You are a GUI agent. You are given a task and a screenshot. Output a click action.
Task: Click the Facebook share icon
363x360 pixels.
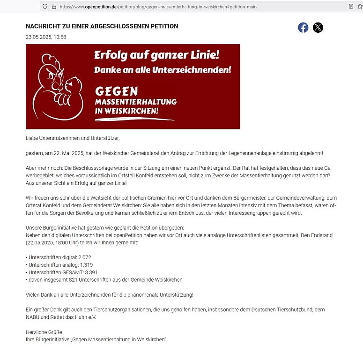tap(303, 28)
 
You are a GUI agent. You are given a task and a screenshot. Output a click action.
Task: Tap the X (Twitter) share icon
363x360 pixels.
tap(318, 28)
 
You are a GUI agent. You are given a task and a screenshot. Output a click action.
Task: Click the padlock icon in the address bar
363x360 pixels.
tap(54, 7)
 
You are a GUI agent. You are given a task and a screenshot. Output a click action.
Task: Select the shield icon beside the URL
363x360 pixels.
tap(45, 7)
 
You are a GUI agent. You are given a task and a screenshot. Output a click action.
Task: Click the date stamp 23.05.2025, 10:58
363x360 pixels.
tap(46, 37)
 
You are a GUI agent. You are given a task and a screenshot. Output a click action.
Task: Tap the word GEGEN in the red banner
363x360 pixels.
tap(116, 91)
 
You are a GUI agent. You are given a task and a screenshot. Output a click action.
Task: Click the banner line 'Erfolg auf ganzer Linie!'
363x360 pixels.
tap(156, 55)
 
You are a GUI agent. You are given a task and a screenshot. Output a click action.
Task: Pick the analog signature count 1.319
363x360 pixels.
tap(84, 265)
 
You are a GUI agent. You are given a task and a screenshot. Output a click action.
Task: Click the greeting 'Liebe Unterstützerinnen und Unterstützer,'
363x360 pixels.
tap(73, 138)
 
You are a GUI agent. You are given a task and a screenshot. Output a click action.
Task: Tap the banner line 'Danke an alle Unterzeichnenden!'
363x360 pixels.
tap(163, 70)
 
